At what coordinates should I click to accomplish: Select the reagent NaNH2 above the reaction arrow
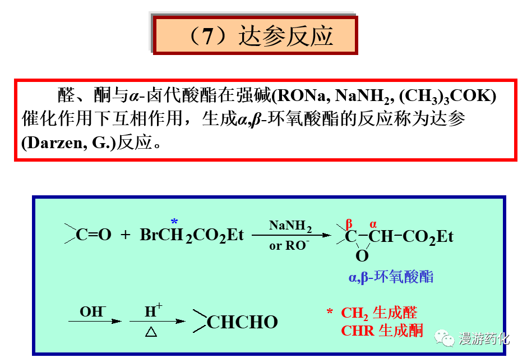point(290,226)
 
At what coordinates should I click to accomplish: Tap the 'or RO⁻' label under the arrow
point(289,246)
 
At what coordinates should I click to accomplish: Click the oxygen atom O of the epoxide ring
point(362,256)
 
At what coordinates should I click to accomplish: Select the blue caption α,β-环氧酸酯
point(391,277)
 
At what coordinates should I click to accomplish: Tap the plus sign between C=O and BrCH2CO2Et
point(126,235)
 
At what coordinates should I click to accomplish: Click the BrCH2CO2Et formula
point(192,235)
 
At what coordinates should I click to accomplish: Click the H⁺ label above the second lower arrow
point(153,310)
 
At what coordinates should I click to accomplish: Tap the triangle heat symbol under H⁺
point(151,332)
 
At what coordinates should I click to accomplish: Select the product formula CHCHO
point(242,322)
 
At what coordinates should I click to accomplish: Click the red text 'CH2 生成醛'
point(379,313)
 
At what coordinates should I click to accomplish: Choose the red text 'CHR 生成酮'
point(382,331)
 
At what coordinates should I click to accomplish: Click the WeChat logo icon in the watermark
point(447,338)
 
